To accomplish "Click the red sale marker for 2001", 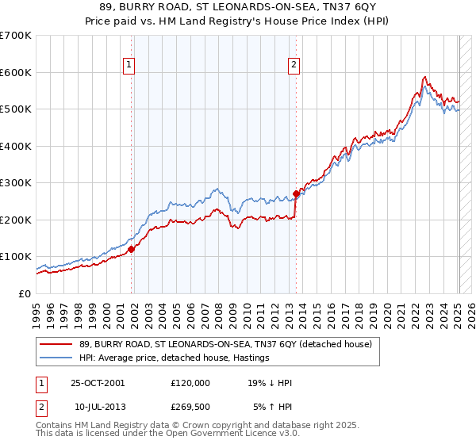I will coord(132,249).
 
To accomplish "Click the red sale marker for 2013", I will coord(296,193).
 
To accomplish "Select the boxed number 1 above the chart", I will coord(129,66).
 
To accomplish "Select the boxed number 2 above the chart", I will coord(294,66).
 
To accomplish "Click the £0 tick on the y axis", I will coord(24,293).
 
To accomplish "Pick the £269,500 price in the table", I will coord(190,407).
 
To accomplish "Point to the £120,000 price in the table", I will coord(190,383).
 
